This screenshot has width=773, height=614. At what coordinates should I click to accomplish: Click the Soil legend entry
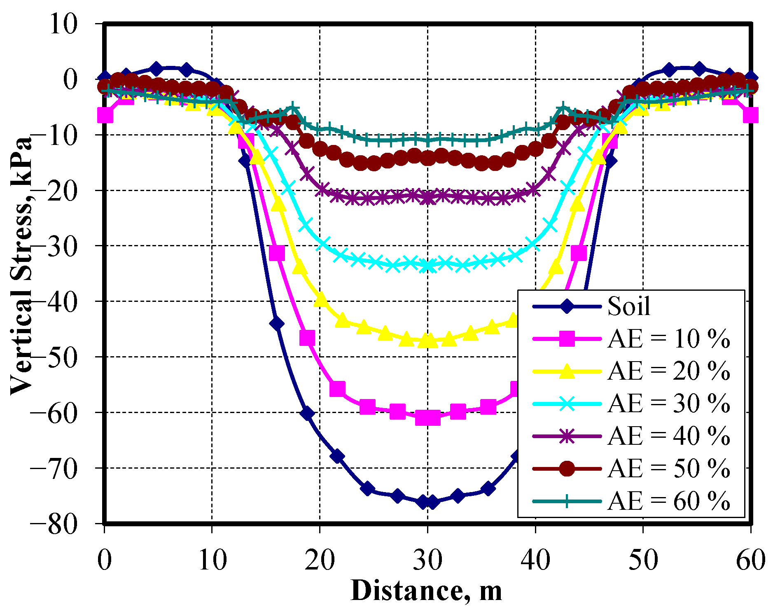(x=628, y=306)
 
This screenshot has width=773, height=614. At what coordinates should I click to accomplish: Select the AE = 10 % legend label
(x=668, y=339)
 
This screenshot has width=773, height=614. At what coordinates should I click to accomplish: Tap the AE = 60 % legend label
(x=668, y=501)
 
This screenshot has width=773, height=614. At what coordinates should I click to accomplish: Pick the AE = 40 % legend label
(x=668, y=436)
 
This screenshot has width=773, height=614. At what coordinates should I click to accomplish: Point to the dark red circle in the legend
(x=567, y=469)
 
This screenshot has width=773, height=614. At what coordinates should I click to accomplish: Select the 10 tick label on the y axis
(x=63, y=24)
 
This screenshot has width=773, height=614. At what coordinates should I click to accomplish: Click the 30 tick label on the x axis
(x=427, y=560)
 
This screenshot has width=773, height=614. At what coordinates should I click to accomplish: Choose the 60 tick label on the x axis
(x=750, y=560)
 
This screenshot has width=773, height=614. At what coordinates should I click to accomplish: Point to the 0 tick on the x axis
(x=105, y=560)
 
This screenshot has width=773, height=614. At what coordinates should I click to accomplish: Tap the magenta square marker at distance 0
(x=105, y=115)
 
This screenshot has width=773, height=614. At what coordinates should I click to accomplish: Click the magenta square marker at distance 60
(x=750, y=115)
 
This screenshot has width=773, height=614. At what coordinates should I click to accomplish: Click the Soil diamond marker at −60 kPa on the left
(x=307, y=413)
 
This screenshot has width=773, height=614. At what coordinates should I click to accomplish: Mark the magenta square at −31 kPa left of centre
(x=277, y=253)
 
